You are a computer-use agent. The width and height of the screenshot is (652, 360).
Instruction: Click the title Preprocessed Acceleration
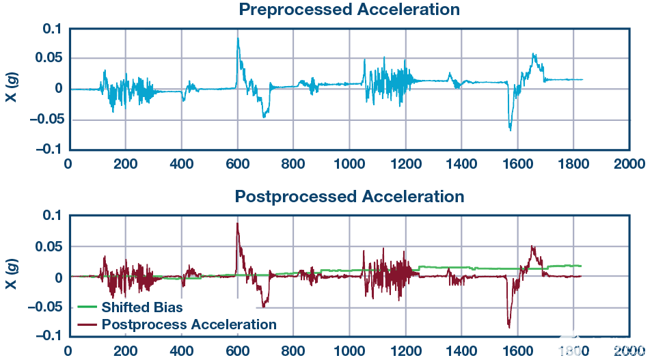349,10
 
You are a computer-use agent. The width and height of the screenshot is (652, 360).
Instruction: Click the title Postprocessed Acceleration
349,197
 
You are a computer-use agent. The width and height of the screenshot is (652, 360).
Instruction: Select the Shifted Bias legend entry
142,307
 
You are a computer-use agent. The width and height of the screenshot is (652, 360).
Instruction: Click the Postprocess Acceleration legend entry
189,324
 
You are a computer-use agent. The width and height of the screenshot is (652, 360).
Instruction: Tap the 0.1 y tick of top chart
52,29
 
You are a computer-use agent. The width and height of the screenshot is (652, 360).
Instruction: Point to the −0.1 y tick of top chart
47,149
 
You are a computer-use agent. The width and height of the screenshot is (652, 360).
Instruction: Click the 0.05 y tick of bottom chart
49,247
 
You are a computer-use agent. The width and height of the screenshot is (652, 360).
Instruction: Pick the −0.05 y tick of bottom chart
44,307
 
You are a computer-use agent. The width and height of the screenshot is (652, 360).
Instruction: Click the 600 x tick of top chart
237,164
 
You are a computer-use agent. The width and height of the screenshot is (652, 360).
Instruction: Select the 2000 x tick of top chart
629,164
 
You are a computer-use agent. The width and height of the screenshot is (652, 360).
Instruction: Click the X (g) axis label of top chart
12,89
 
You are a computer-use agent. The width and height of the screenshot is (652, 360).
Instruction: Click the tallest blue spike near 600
238,38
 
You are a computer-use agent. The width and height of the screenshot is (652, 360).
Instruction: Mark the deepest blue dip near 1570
510,129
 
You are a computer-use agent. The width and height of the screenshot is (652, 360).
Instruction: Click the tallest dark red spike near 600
238,223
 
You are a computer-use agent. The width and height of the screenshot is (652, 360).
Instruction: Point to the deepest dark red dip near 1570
508,327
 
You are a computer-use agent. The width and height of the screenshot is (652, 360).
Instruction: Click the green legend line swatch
86,307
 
